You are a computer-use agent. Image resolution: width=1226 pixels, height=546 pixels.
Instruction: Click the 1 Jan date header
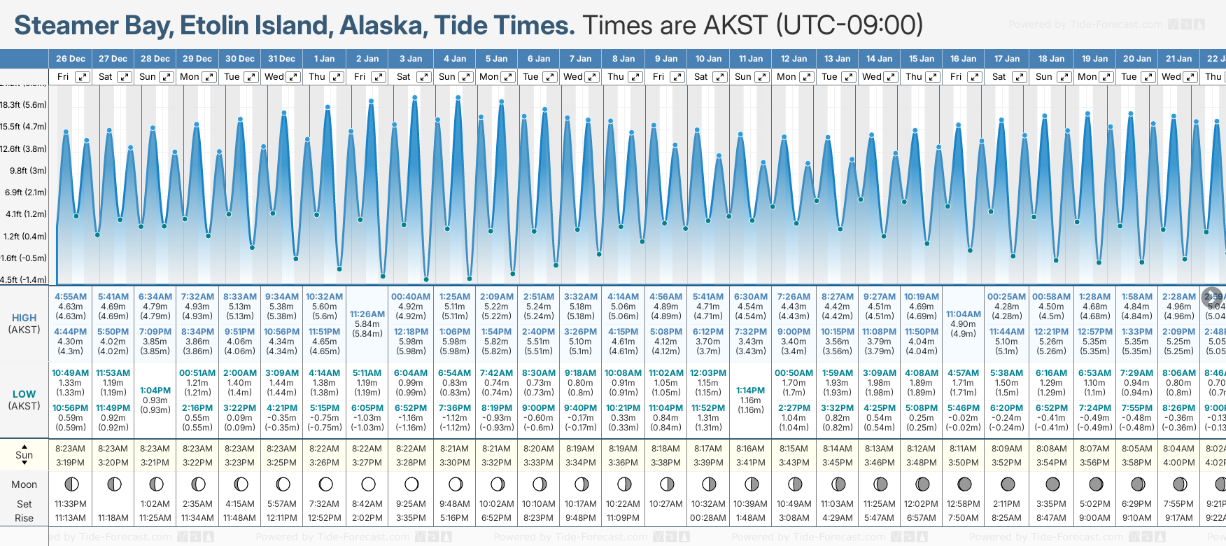pyautogui.click(x=324, y=59)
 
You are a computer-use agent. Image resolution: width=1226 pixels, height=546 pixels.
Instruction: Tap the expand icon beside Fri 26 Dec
pyautogui.click(x=83, y=77)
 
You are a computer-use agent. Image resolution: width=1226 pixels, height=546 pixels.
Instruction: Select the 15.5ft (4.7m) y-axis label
pyautogui.click(x=24, y=127)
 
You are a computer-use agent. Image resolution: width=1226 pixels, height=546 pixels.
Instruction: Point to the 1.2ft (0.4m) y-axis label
pyautogui.click(x=25, y=237)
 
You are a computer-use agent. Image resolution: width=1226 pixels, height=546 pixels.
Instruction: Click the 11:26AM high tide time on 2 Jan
pyautogui.click(x=367, y=314)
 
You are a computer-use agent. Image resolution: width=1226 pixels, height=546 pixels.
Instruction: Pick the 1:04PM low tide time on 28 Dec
pyautogui.click(x=155, y=391)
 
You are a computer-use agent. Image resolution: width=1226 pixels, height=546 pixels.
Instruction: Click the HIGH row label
pyautogui.click(x=24, y=318)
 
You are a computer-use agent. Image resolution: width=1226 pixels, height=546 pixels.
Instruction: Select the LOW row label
pyautogui.click(x=24, y=394)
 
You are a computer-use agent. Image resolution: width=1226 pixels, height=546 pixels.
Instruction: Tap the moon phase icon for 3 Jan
pyautogui.click(x=411, y=484)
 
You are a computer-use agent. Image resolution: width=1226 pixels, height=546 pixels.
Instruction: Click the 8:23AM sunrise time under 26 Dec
pyautogui.click(x=71, y=449)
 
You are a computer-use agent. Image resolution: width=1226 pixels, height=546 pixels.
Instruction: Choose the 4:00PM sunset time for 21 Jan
pyautogui.click(x=1179, y=463)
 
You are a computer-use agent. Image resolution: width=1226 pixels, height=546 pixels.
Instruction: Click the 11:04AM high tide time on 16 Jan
pyautogui.click(x=964, y=314)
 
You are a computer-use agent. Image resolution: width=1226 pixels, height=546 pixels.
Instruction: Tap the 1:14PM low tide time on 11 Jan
pyautogui.click(x=750, y=391)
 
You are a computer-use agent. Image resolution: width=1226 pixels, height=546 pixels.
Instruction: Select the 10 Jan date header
pyautogui.click(x=708, y=59)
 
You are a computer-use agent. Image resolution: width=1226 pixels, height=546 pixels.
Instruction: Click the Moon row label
pyautogui.click(x=24, y=484)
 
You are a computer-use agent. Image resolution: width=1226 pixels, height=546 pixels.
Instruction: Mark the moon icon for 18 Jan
pyautogui.click(x=1052, y=484)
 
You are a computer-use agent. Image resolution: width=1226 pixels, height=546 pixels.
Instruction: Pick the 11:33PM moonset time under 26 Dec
pyautogui.click(x=71, y=504)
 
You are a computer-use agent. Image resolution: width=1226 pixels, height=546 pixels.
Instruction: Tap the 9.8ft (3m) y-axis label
pyautogui.click(x=29, y=171)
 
